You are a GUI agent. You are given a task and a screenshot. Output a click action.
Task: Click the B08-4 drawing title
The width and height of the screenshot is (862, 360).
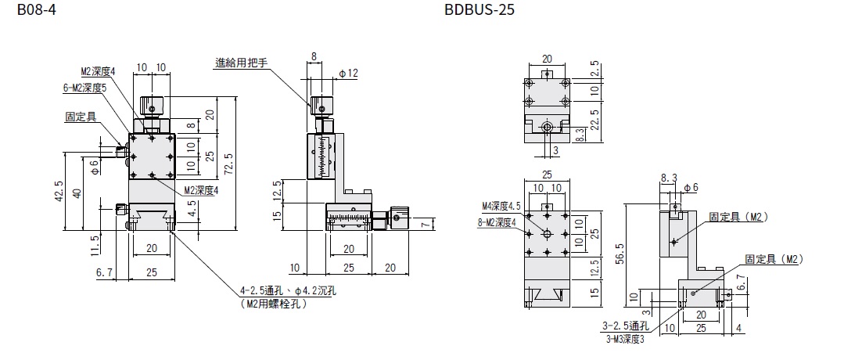(36, 10)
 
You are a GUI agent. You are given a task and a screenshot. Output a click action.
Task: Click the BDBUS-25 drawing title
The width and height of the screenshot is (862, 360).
(479, 10)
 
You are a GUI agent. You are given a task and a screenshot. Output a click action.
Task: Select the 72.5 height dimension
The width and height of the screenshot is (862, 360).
(230, 164)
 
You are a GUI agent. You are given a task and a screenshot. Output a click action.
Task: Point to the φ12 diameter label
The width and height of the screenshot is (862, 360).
(349, 73)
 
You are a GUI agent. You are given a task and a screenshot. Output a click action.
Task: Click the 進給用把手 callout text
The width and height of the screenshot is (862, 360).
(241, 63)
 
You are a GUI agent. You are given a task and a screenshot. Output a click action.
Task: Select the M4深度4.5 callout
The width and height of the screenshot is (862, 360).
(501, 206)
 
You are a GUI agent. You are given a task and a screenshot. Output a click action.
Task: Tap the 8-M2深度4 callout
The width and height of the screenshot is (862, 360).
(498, 222)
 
